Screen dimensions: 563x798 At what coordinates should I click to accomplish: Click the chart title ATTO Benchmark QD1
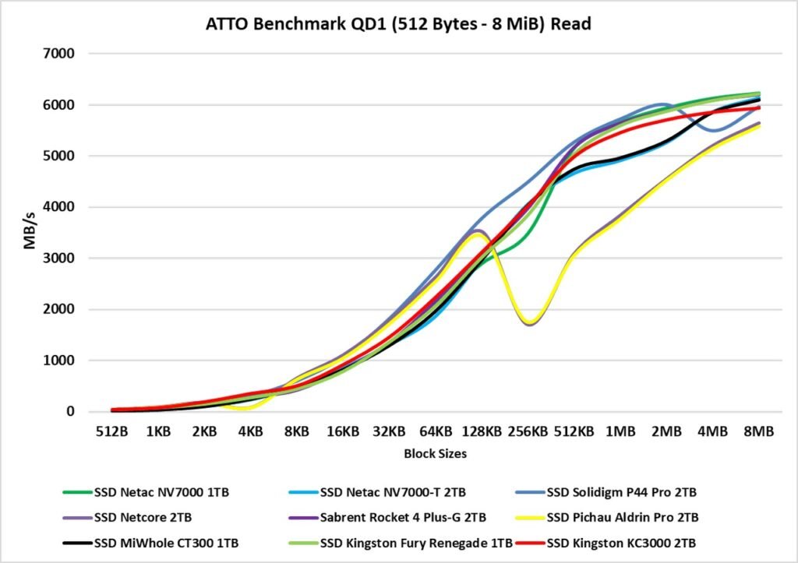click(398, 24)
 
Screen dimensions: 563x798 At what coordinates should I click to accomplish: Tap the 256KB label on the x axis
click(528, 431)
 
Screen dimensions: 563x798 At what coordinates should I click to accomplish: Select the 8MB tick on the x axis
click(759, 431)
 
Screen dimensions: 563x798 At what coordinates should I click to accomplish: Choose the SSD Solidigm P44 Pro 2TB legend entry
click(620, 492)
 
